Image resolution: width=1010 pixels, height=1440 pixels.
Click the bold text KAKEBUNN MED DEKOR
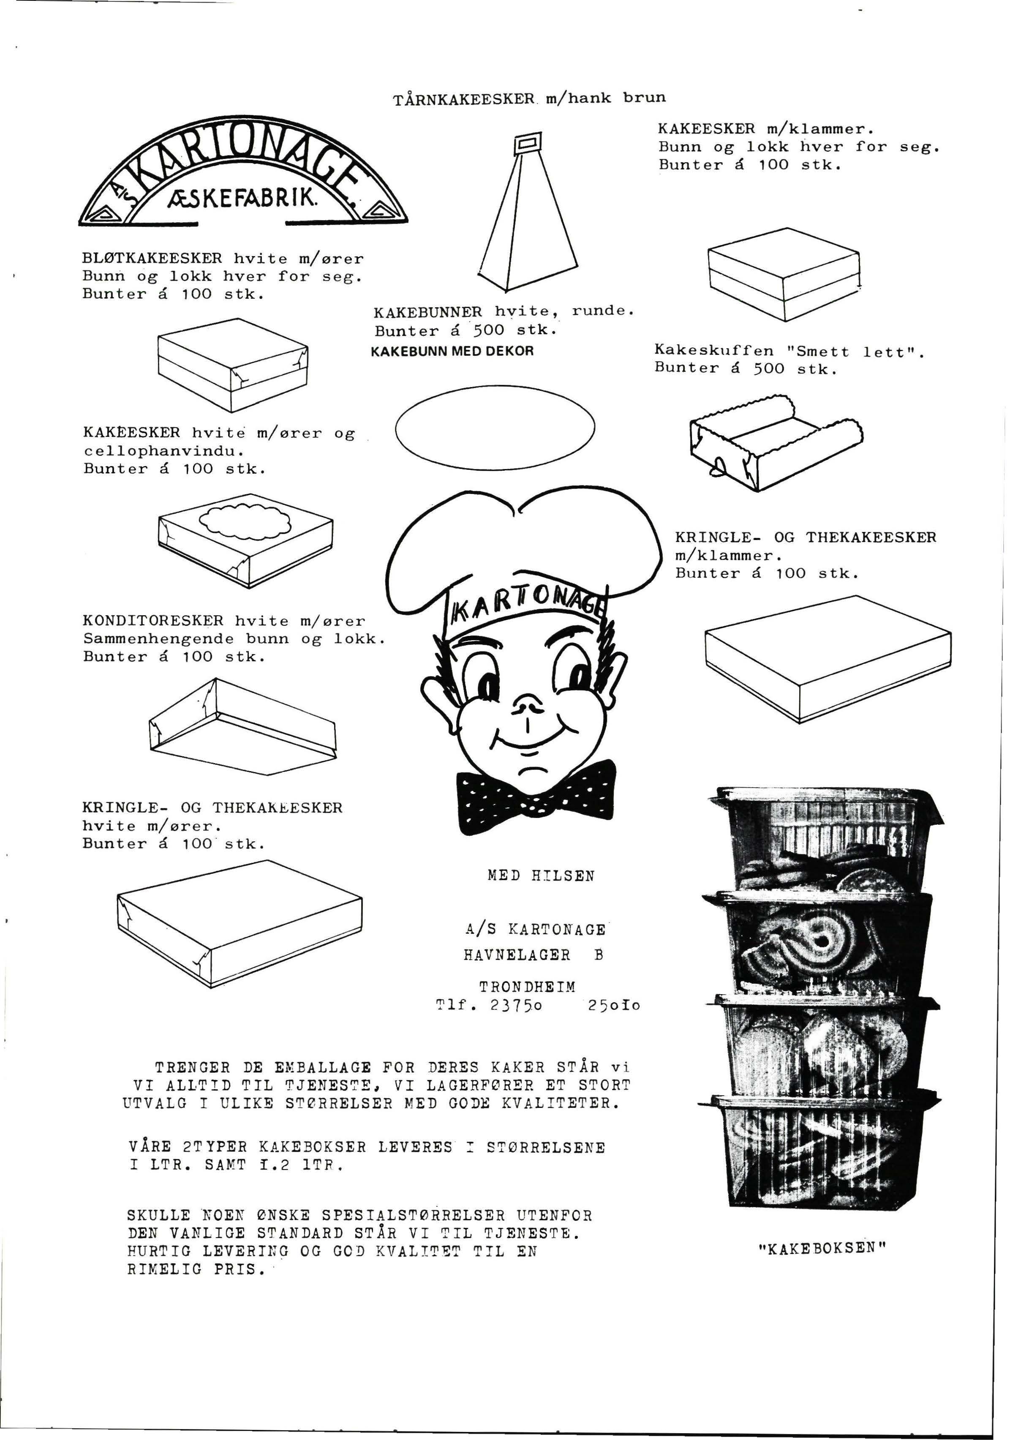pos(452,351)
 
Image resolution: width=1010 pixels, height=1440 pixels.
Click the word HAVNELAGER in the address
pos(517,955)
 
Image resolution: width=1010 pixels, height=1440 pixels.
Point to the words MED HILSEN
pos(540,875)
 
